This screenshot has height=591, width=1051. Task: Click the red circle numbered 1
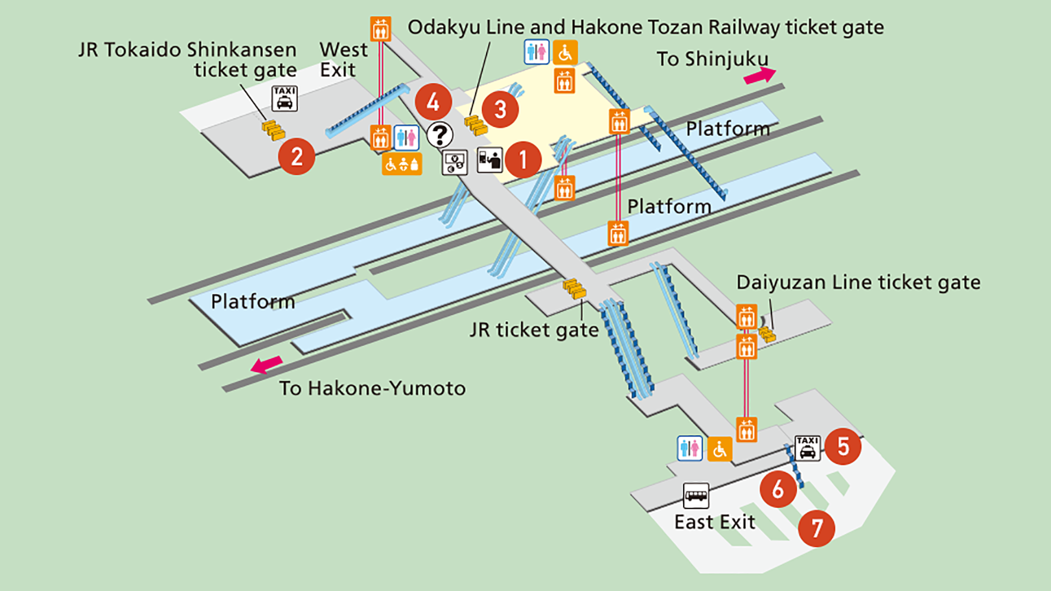tap(523, 159)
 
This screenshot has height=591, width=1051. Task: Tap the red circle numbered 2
tap(296, 157)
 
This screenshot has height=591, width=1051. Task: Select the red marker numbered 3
tap(500, 109)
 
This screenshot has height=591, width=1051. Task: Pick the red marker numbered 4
tap(433, 102)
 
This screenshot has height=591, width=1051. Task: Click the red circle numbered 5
tap(842, 447)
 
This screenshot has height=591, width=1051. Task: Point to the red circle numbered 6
tap(778, 489)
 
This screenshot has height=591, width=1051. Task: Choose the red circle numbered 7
tap(816, 528)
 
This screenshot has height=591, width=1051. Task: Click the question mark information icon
tap(440, 135)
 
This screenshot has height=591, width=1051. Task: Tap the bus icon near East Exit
tap(696, 496)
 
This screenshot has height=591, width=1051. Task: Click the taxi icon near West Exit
tap(285, 99)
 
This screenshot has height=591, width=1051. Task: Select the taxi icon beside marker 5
tap(807, 448)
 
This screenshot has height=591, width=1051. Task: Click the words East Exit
tap(714, 522)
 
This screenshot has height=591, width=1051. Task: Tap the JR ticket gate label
tap(534, 330)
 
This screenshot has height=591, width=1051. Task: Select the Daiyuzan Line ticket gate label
tap(858, 282)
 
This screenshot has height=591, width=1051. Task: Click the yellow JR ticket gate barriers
tap(574, 288)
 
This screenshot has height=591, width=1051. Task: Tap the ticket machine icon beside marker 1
tap(489, 160)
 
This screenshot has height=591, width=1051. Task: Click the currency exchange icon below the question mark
tap(454, 162)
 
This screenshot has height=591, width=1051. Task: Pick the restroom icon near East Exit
tap(690, 449)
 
